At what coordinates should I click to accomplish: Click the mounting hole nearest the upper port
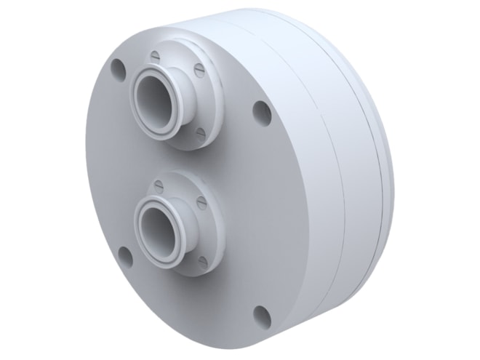point(117,69)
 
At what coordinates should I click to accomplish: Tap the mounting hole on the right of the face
point(260,111)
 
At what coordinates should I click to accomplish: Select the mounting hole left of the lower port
point(124,257)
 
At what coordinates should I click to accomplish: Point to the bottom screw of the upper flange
point(201,132)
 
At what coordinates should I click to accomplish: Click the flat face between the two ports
point(218,164)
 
